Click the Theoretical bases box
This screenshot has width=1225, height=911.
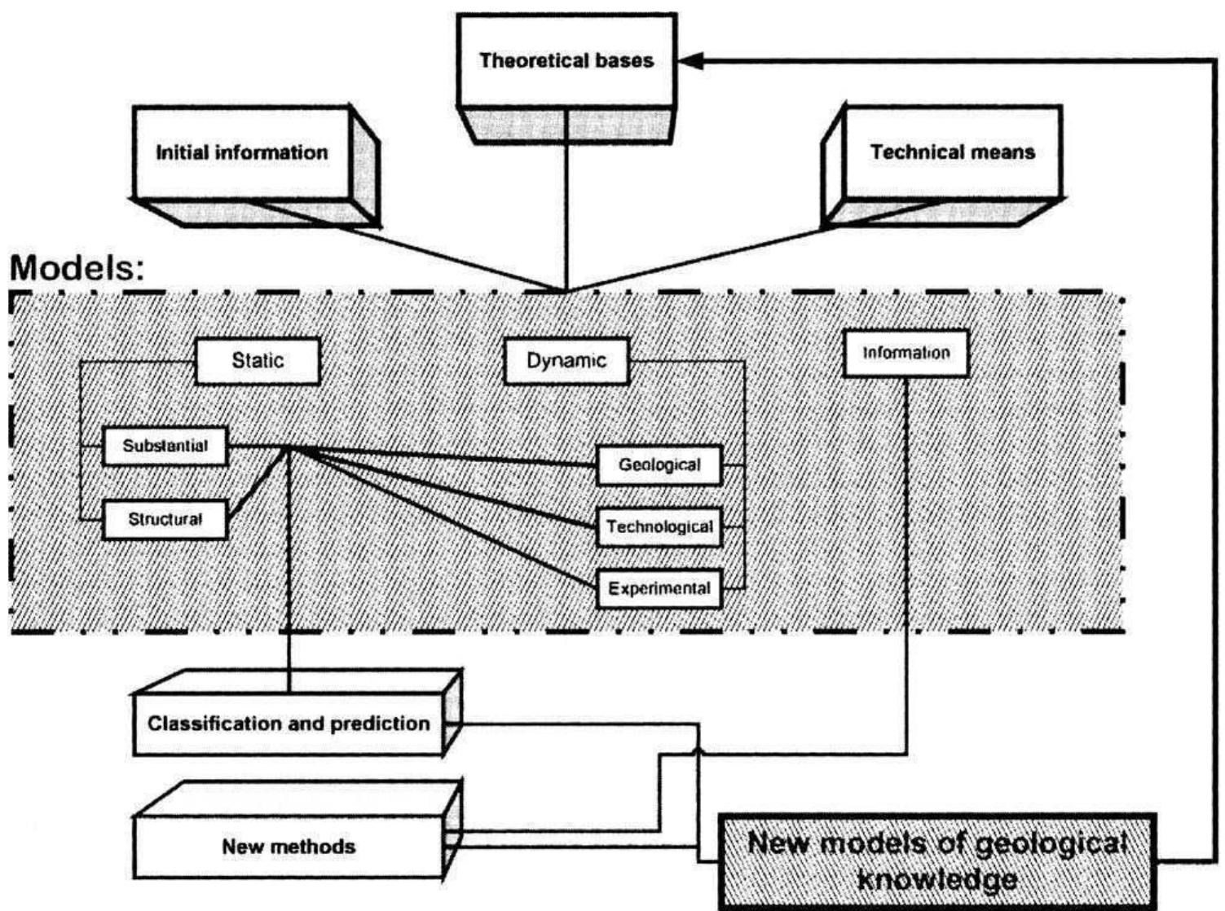pyautogui.click(x=566, y=61)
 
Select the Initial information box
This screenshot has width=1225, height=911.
pyautogui.click(x=242, y=153)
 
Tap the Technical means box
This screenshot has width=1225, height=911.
pyautogui.click(x=952, y=152)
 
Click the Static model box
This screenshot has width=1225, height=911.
pyautogui.click(x=258, y=360)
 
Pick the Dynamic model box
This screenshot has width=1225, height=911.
pyautogui.click(x=566, y=361)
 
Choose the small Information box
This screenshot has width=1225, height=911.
pyautogui.click(x=906, y=353)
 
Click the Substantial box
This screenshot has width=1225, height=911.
pyautogui.click(x=165, y=446)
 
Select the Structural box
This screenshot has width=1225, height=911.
pyautogui.click(x=165, y=519)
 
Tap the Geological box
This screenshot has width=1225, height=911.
pyautogui.click(x=659, y=465)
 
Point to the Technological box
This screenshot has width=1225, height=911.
pyautogui.click(x=659, y=527)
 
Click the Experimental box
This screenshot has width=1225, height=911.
pyautogui.click(x=659, y=588)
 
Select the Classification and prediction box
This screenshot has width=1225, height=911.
pyautogui.click(x=289, y=724)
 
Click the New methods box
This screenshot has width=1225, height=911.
pyautogui.click(x=289, y=847)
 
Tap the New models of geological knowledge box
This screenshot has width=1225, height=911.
pyautogui.click(x=937, y=860)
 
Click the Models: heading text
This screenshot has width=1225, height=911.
pyautogui.click(x=77, y=268)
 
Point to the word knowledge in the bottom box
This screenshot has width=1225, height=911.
pyautogui.click(x=937, y=880)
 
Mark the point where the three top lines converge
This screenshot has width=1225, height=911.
pyautogui.click(x=566, y=291)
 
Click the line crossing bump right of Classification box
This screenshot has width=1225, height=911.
pyautogui.click(x=698, y=749)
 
